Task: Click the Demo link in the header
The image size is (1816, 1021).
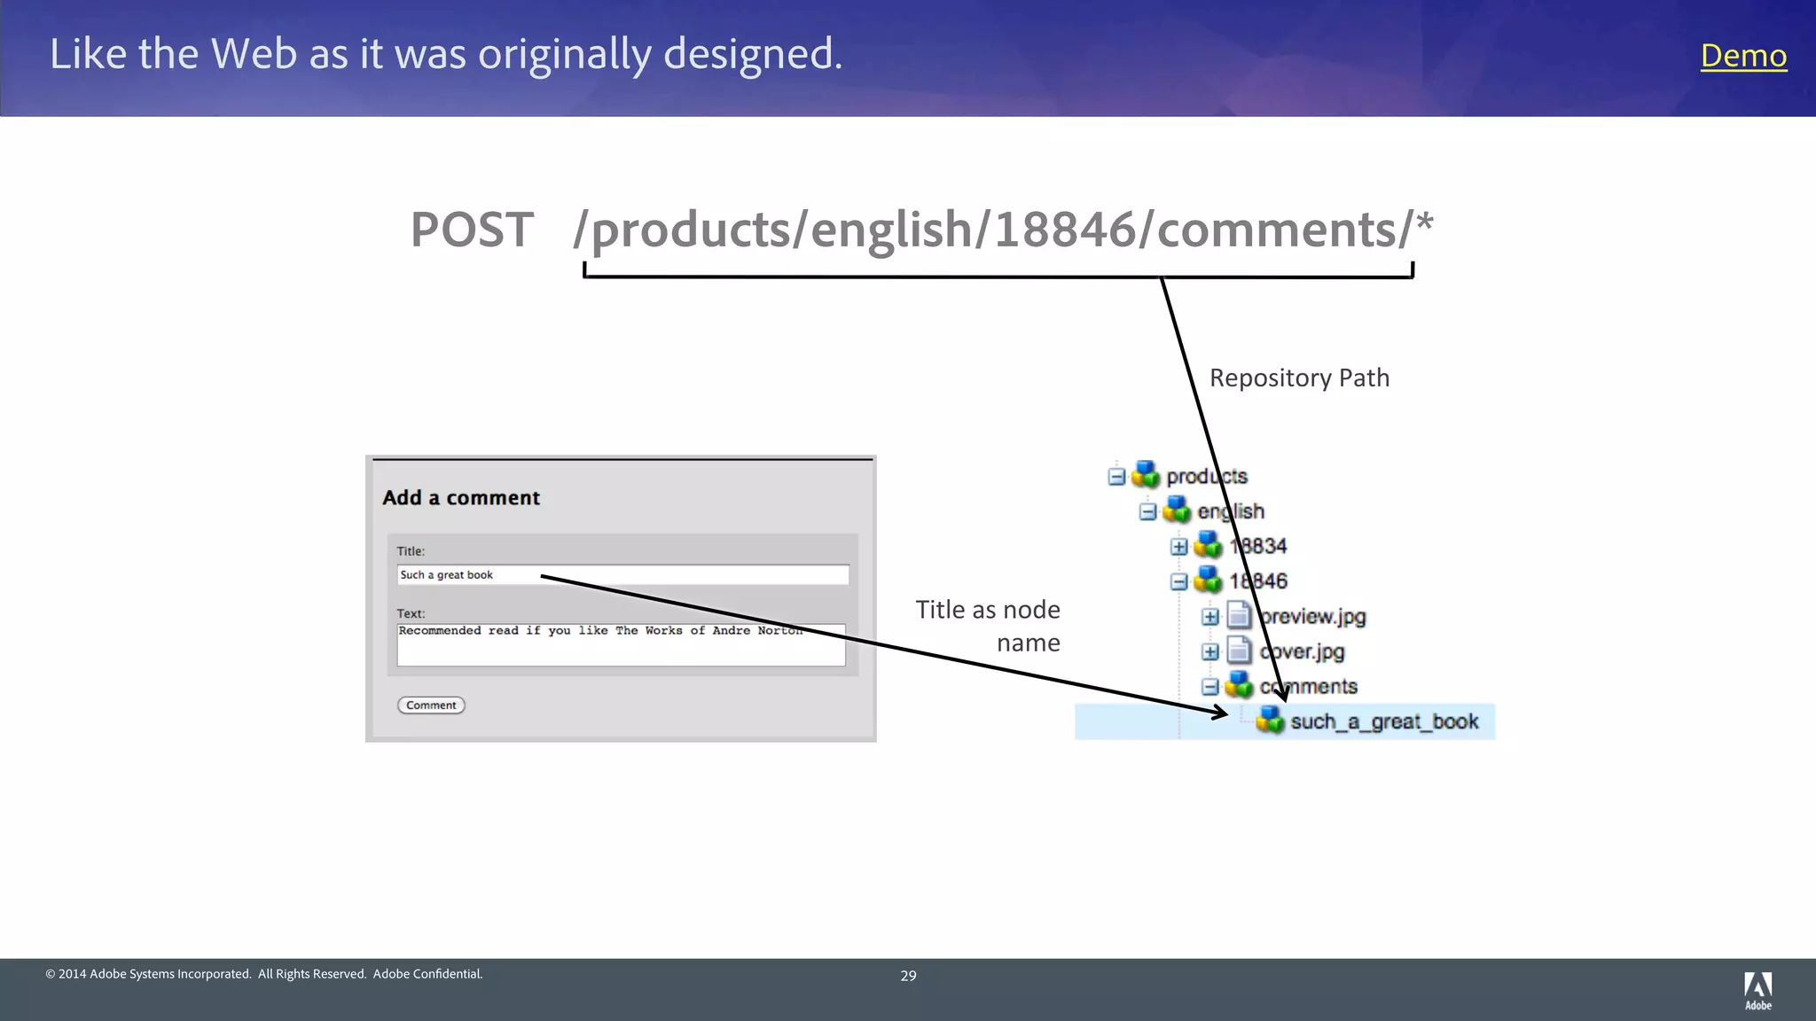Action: coord(1742,56)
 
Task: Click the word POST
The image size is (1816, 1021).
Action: coord(472,230)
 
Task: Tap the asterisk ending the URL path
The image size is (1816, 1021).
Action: coord(1424,222)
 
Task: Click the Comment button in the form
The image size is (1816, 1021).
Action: coord(431,705)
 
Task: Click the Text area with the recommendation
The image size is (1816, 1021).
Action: coord(621,644)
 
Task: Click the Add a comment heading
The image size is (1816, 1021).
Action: coord(461,498)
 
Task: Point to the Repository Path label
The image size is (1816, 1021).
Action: coord(1299,378)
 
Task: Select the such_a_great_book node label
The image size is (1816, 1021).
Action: coord(1383,722)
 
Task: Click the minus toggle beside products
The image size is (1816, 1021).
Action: coord(1116,477)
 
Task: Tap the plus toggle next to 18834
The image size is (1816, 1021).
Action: coord(1178,547)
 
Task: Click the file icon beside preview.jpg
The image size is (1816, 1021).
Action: coord(1239,616)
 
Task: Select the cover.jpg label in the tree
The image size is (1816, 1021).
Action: coord(1302,652)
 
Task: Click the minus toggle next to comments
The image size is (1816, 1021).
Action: coord(1210,687)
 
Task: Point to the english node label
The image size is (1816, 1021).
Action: coord(1231,512)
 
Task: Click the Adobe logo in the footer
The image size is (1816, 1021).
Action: coord(1757,990)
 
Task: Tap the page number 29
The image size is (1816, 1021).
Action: coord(908,976)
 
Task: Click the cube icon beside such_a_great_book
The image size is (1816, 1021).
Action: coord(1270,721)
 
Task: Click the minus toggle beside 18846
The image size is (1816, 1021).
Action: coord(1178,582)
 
